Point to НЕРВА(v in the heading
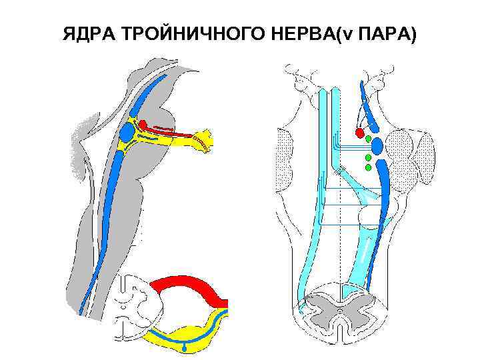click(x=302, y=35)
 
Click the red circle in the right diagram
click(x=361, y=133)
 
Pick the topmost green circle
click(x=368, y=139)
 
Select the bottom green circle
click(x=368, y=167)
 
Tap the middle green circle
click(x=368, y=158)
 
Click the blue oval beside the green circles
click(x=377, y=145)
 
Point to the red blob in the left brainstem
click(x=143, y=124)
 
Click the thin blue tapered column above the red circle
click(x=364, y=100)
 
